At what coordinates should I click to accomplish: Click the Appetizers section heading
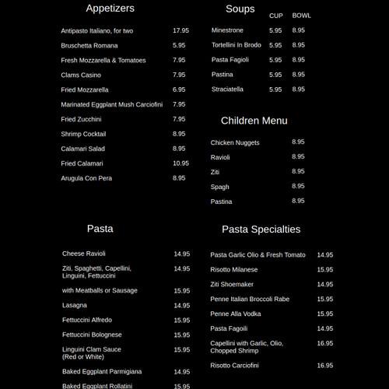110,9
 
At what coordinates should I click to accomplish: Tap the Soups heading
240,9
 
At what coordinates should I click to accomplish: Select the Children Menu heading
254,121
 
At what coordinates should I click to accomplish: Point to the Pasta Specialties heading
261,230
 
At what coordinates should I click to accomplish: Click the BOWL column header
301,16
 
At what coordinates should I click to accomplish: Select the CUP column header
276,16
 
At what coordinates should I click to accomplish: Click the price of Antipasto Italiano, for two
180,30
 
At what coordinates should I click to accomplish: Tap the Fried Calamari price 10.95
180,163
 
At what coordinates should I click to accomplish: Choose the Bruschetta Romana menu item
89,45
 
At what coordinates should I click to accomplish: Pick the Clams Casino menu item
81,75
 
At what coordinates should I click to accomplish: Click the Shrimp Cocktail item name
83,134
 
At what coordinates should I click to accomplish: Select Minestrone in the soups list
227,30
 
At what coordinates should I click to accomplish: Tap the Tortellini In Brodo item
237,45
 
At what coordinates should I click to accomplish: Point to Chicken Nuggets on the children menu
235,142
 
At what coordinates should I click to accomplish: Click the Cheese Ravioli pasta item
84,254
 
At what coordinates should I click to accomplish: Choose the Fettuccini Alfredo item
87,320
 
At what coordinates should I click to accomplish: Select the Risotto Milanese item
234,269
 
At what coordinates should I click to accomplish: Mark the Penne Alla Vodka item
236,314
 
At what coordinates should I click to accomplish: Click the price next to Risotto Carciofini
324,365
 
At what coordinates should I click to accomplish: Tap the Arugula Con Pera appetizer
86,178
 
